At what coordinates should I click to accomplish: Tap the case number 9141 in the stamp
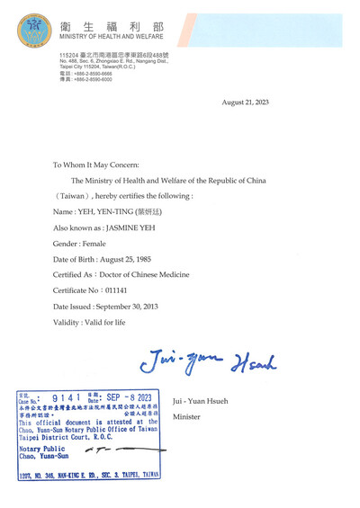click(67, 397)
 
